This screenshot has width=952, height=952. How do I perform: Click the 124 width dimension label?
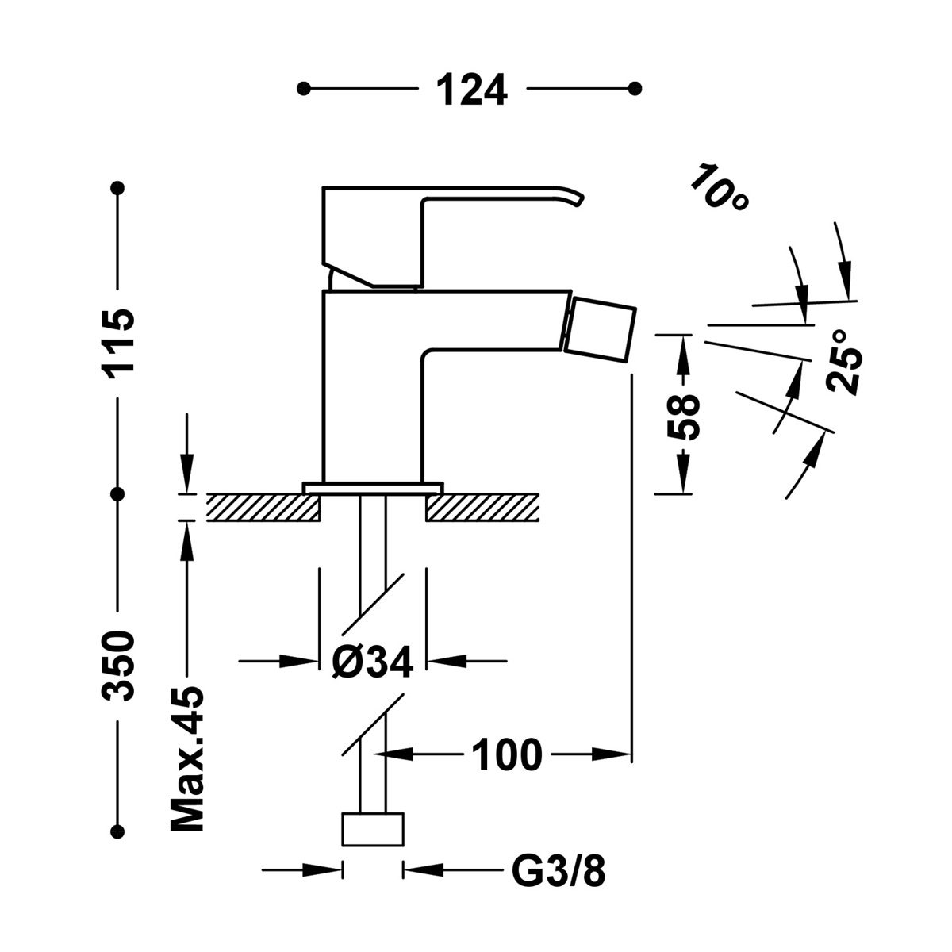[x=471, y=89]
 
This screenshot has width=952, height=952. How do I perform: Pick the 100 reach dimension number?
[x=507, y=754]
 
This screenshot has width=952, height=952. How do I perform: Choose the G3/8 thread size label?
[x=559, y=873]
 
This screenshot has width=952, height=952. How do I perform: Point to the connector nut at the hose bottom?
[x=372, y=830]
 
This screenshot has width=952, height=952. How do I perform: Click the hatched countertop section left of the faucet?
[x=263, y=507]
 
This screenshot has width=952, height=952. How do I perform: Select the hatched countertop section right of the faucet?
[x=483, y=507]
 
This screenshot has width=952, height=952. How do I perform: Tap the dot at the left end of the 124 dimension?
[x=302, y=88]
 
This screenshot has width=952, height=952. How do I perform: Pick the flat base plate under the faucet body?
[x=372, y=487]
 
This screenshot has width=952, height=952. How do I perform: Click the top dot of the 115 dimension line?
[x=119, y=188]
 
